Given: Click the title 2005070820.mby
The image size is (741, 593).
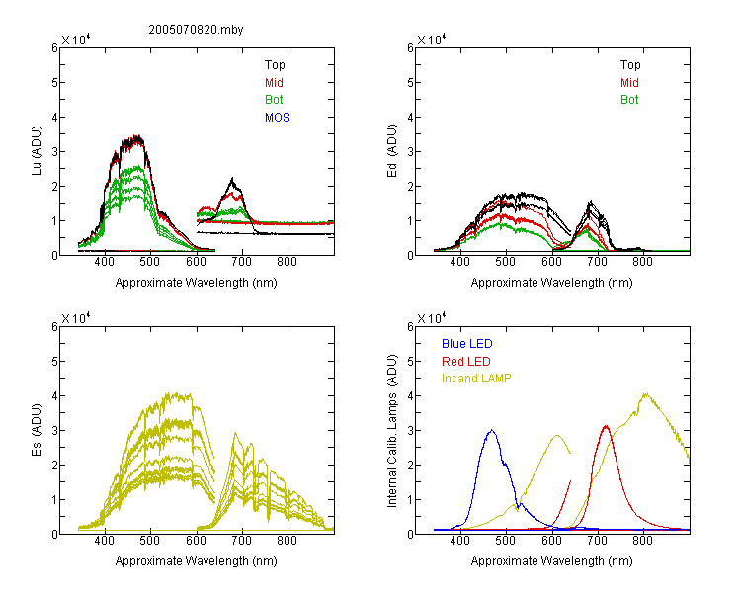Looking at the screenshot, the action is click(196, 30).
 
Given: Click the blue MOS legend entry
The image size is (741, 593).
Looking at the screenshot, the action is click(277, 118).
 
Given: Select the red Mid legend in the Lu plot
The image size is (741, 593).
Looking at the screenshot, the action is click(274, 83).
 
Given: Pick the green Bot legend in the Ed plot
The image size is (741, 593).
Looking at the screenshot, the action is click(629, 100).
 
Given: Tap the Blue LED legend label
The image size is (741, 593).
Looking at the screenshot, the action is click(467, 344).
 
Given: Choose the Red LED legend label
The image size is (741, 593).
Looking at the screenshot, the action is click(466, 362).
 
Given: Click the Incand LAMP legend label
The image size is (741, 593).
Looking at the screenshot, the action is click(476, 379).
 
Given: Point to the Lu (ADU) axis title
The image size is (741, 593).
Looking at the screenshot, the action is click(37, 151).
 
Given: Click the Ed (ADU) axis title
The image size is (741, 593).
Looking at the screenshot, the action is click(392, 151).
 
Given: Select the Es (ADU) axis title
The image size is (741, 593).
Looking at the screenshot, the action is click(37, 430).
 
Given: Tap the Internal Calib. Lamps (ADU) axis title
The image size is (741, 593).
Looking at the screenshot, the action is click(392, 431).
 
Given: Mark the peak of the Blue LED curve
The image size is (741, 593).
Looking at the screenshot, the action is click(491, 430).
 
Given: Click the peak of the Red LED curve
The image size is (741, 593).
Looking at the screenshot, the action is click(606, 426).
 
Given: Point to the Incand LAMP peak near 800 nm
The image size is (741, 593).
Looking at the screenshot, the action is click(645, 393).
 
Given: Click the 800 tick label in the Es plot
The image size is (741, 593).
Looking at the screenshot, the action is click(287, 541).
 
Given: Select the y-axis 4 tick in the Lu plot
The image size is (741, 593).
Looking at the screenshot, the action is click(54, 117).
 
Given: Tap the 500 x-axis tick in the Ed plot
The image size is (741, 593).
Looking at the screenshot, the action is click(506, 262).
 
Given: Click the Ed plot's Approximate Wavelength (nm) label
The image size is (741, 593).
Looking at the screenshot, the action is click(551, 283).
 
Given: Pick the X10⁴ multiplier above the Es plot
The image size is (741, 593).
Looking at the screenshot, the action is click(76, 318).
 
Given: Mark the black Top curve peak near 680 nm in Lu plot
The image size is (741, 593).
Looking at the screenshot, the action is click(232, 178).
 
